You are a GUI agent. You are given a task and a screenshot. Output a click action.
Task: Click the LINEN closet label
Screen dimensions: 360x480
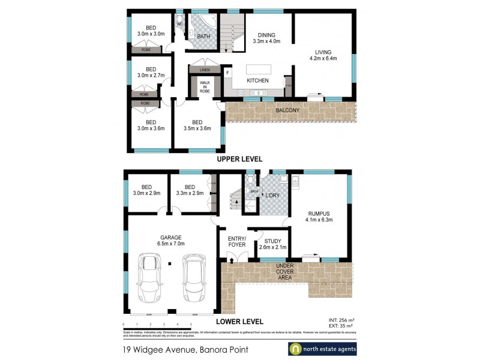click(x=205, y=70)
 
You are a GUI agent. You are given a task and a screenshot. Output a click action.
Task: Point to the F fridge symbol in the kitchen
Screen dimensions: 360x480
click(x=228, y=73)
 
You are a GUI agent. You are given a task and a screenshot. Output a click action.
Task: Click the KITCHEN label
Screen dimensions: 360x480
click(x=257, y=80)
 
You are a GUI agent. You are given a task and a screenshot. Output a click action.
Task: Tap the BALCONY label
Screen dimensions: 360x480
click(x=288, y=110)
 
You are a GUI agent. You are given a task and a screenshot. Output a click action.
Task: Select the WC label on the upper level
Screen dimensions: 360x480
click(x=179, y=24)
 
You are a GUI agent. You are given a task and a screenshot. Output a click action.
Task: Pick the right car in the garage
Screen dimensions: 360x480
click(x=194, y=279)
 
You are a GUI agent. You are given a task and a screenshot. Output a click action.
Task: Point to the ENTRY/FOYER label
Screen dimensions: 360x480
click(x=237, y=241)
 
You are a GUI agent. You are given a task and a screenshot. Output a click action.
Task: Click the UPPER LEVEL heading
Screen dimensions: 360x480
click(x=239, y=159)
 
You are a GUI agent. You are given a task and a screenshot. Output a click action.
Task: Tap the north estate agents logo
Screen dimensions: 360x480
click(x=322, y=349)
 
